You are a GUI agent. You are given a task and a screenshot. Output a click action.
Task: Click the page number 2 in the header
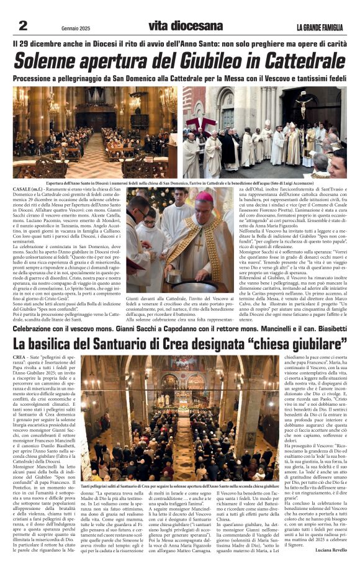click(23, 25)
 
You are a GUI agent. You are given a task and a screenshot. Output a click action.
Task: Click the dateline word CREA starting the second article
click(19, 359)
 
